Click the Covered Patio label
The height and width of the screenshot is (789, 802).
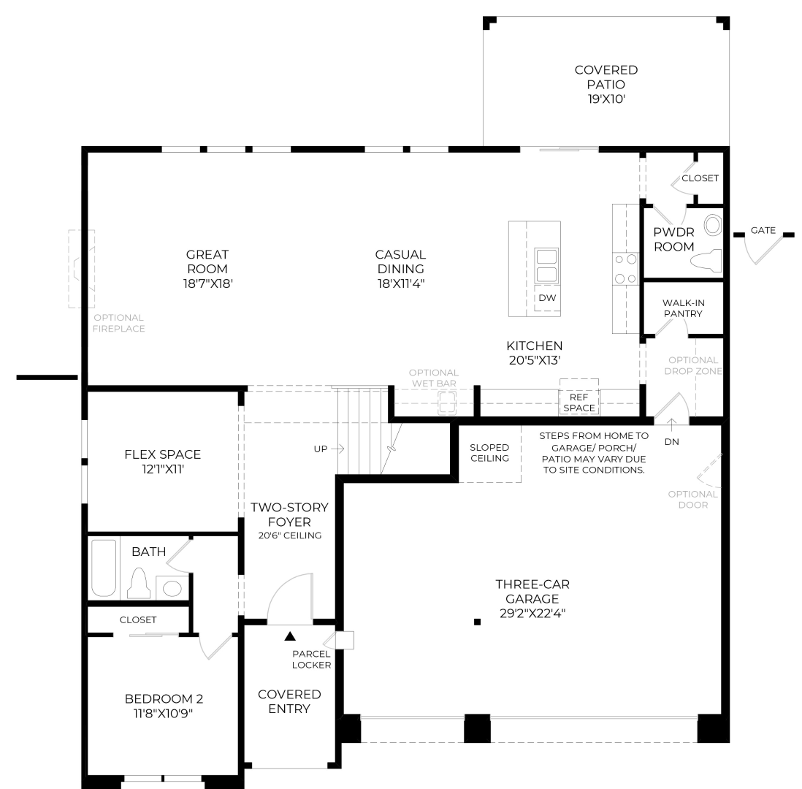(606, 77)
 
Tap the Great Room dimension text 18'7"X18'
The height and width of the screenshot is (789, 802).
(208, 283)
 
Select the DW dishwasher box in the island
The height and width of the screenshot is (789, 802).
(547, 299)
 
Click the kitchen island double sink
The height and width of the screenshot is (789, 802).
(546, 266)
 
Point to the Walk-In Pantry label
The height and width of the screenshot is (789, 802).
(683, 308)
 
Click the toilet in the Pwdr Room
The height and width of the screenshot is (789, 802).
(706, 260)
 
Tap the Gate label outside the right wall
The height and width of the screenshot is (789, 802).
(763, 230)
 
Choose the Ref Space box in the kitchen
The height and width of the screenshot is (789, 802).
(579, 397)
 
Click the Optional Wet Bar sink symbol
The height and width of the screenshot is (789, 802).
(447, 403)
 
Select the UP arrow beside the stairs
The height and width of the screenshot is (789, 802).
(337, 449)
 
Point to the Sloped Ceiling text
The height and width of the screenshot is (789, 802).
(489, 453)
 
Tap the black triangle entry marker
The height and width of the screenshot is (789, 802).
(290, 636)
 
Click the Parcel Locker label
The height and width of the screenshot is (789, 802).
(311, 660)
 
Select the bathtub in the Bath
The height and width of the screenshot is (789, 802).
(104, 568)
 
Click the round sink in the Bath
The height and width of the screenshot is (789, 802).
(172, 588)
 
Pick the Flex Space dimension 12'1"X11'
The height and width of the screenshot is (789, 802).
(163, 469)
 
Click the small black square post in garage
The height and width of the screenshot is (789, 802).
(477, 622)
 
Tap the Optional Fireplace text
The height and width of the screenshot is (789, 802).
(118, 323)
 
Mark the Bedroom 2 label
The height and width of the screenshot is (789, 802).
(164, 699)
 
